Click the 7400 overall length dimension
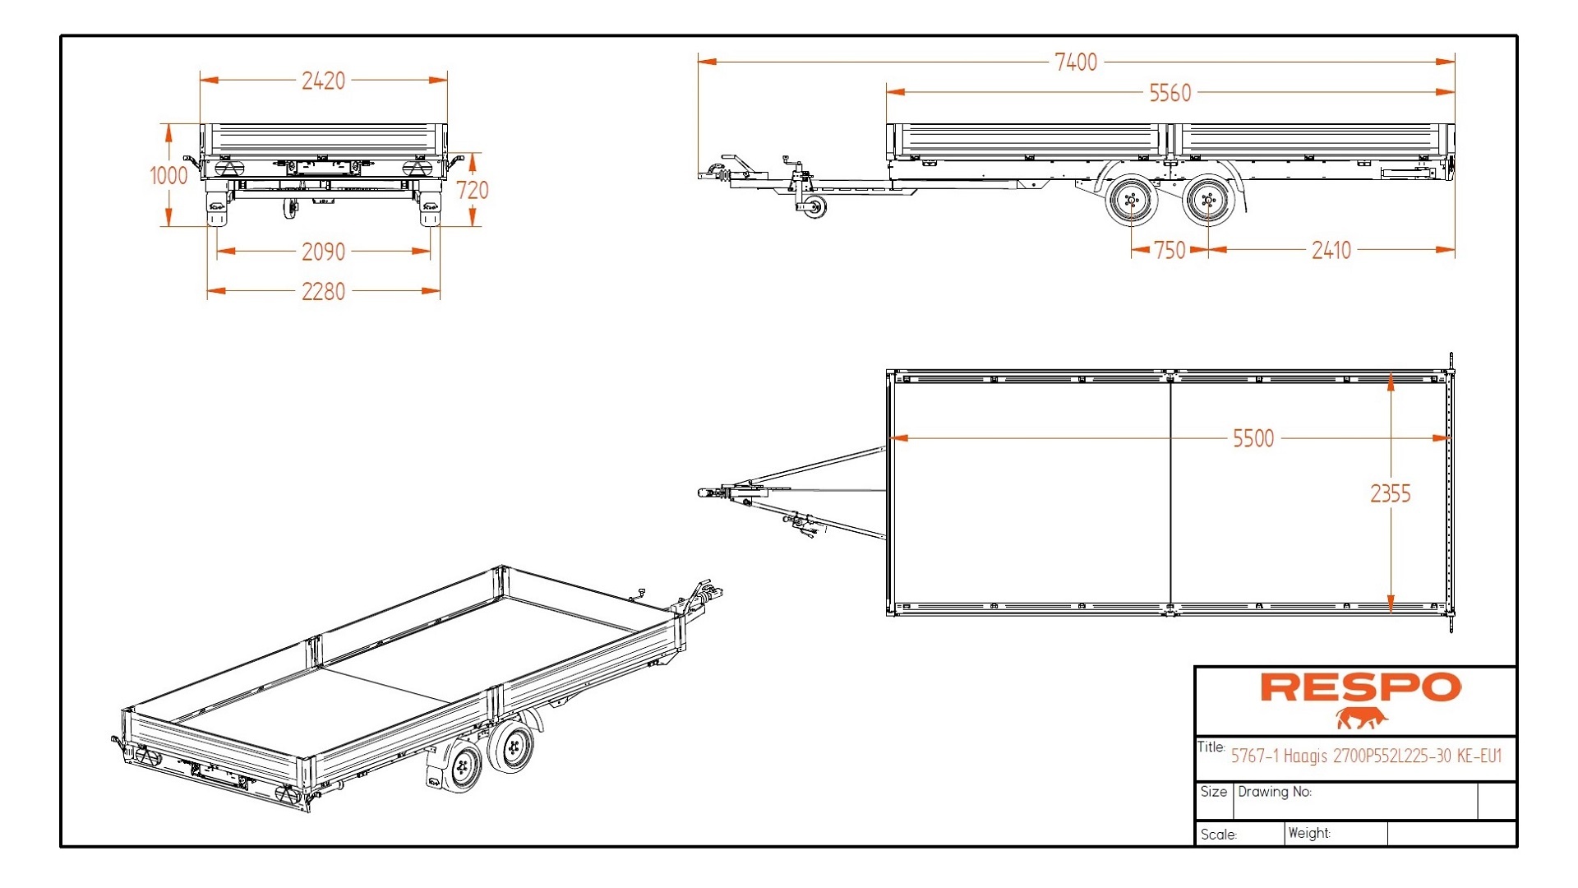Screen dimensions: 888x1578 point(1076,62)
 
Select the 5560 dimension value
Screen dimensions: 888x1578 point(1170,93)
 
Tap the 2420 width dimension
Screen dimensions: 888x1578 point(323,81)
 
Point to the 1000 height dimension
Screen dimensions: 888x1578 point(168,175)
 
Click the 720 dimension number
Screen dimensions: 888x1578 point(473,190)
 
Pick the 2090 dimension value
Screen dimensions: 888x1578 point(323,252)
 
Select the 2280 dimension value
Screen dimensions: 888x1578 point(323,291)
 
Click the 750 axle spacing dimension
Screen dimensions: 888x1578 point(1170,250)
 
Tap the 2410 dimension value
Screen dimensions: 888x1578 point(1331,250)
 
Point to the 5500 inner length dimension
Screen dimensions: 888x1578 point(1253,438)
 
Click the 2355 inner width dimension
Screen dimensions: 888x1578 point(1390,493)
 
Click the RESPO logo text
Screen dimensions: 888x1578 point(1360,688)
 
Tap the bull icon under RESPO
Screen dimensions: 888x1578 point(1360,719)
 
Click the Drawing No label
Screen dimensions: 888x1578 point(1274,792)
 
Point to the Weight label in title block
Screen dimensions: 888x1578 point(1308,833)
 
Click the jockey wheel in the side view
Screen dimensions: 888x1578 point(813,206)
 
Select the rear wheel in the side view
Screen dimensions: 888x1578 point(1208,200)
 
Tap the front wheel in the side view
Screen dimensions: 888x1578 point(1132,200)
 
